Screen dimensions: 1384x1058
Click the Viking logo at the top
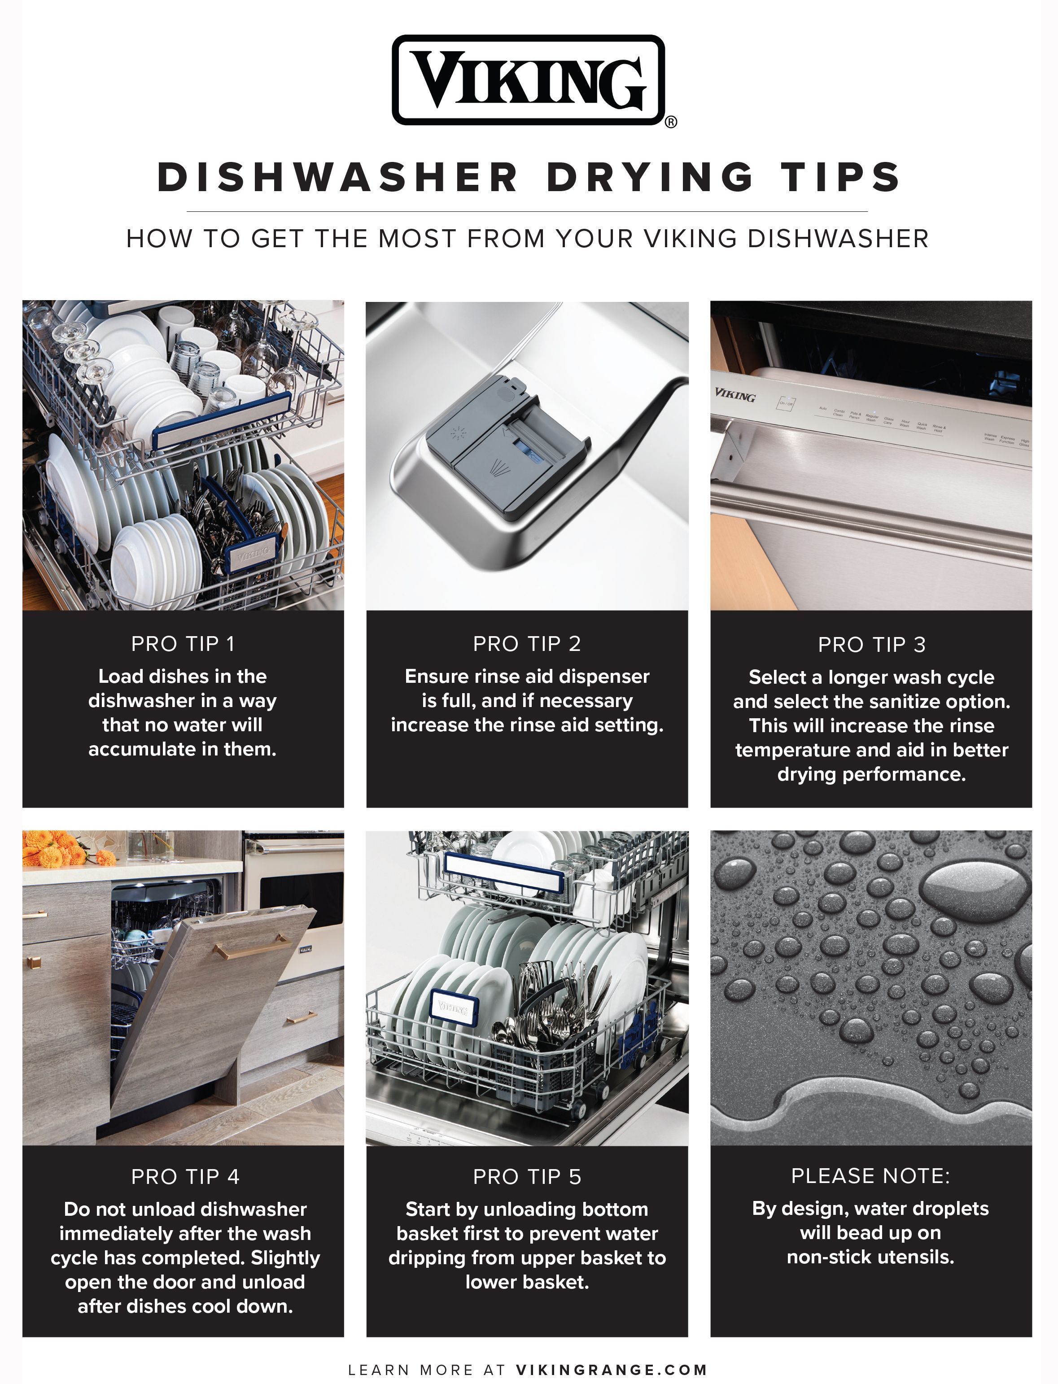528,80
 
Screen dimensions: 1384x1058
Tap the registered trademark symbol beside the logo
671,122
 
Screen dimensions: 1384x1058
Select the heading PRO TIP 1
183,643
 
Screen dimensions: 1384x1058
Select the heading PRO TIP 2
526,643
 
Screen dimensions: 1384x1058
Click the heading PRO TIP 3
871,644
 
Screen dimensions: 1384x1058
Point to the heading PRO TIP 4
185,1176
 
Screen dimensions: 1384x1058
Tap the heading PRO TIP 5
526,1176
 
